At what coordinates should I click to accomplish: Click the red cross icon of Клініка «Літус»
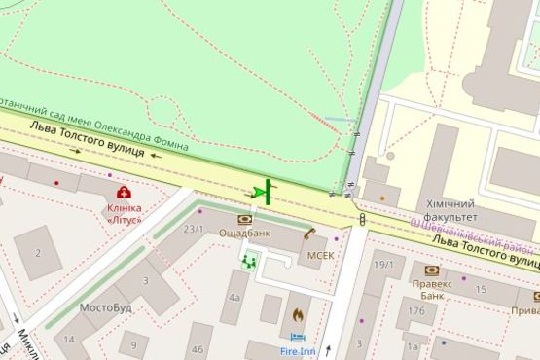tap(125, 192)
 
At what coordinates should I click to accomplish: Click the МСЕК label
tap(320, 255)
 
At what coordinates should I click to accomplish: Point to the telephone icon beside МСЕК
tap(309, 234)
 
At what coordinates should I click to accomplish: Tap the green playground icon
tap(250, 260)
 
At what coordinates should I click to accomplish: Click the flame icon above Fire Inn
tap(297, 315)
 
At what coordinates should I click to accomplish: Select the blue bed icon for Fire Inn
tap(298, 337)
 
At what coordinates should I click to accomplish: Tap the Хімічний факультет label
tap(450, 211)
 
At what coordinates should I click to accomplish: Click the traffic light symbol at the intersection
tap(363, 219)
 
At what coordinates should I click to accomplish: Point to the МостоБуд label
tap(105, 308)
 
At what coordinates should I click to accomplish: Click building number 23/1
tap(194, 229)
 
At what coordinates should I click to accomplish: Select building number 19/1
tap(383, 264)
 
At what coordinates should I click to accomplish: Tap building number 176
tap(416, 312)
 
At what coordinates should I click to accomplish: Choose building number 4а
tap(234, 299)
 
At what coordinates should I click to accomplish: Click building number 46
tap(198, 348)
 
